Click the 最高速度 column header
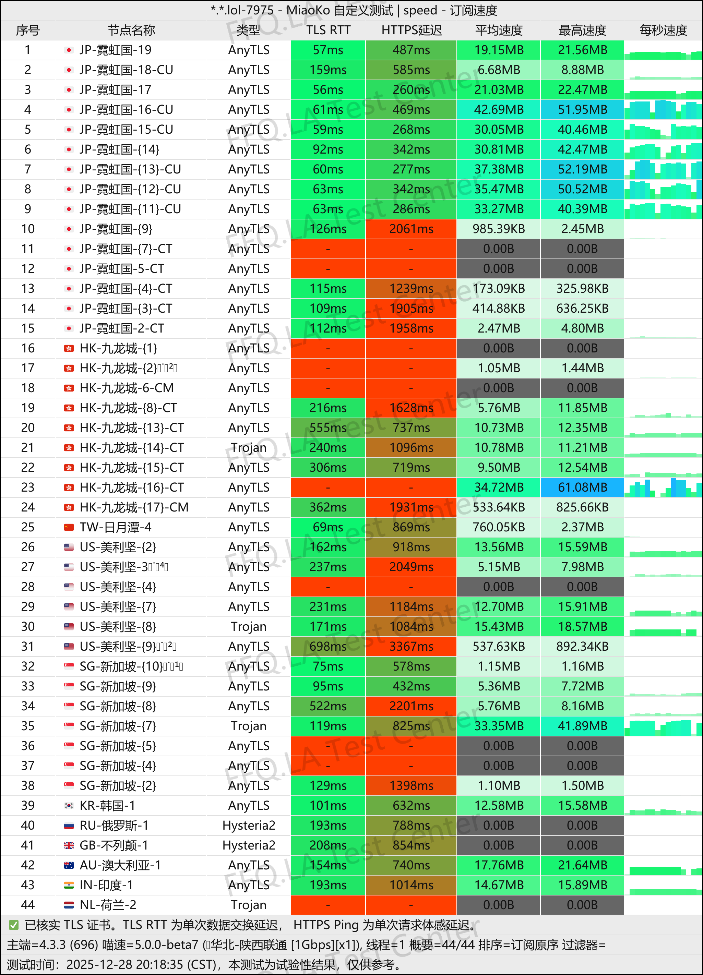(x=582, y=30)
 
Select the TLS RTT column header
(x=328, y=30)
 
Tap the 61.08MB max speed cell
(x=582, y=487)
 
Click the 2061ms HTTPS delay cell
(x=411, y=229)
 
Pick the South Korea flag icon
(x=69, y=805)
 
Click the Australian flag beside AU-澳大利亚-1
(x=69, y=865)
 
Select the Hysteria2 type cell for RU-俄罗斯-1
(x=249, y=826)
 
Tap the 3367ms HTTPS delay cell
(x=411, y=646)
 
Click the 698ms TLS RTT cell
(x=328, y=646)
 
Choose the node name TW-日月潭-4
(x=115, y=527)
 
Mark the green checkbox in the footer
(x=14, y=925)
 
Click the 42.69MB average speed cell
(x=499, y=110)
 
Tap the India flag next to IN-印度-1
(x=69, y=885)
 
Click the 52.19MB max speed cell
(x=582, y=169)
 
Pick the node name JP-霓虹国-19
(x=115, y=50)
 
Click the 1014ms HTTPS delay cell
(x=411, y=885)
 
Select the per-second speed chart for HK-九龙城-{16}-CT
(x=663, y=487)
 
